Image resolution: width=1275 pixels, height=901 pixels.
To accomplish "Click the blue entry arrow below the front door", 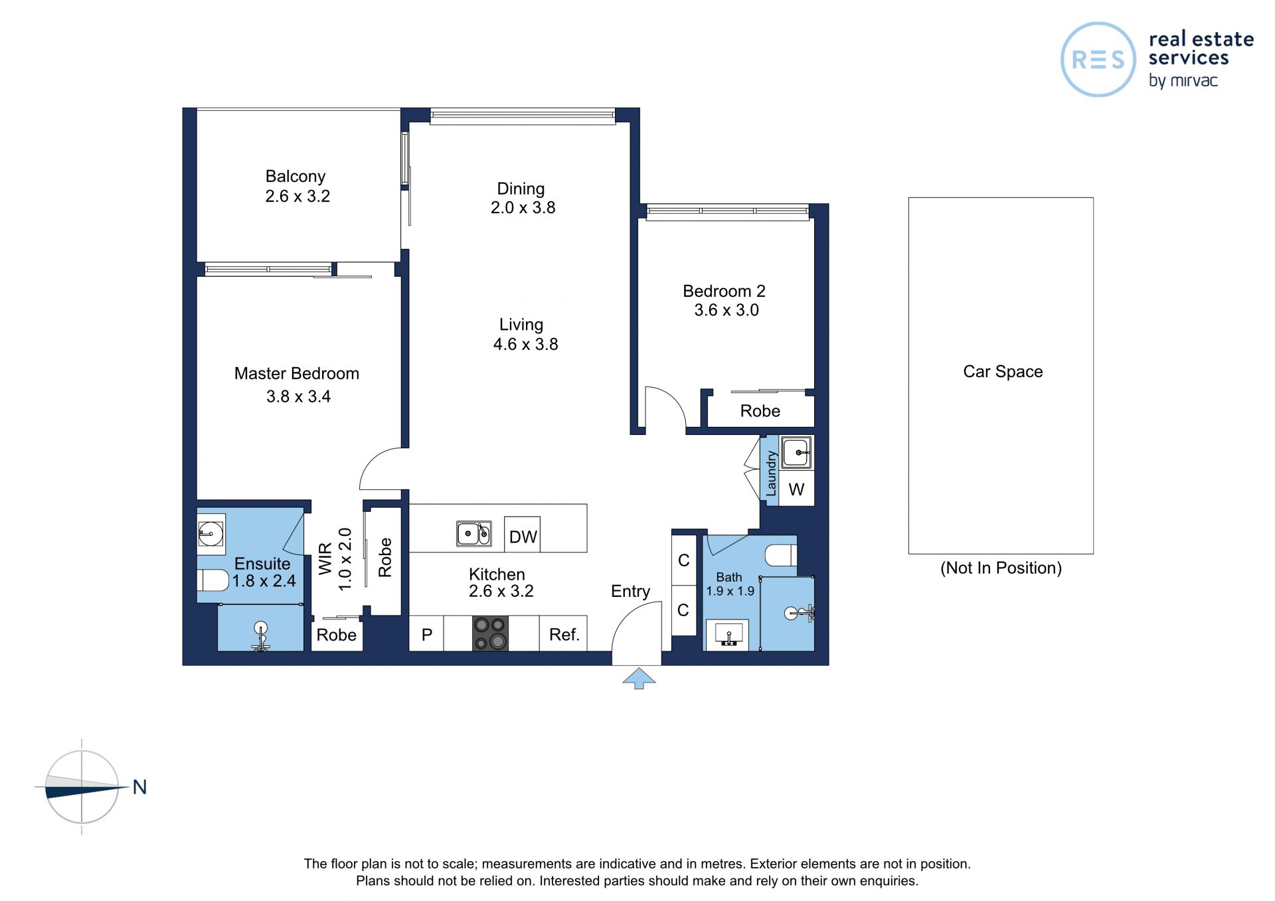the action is point(639,679).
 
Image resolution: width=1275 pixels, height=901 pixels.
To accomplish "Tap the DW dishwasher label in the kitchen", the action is point(523,536).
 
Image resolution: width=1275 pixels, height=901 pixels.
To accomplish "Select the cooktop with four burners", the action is point(491,633).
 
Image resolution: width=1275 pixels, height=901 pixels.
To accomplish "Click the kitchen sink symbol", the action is point(474,533).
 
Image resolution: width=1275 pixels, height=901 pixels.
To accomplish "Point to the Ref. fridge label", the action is point(564,635).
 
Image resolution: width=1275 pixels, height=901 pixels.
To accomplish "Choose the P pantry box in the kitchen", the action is point(426,633).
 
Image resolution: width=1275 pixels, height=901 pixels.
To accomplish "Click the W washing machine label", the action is point(796,489).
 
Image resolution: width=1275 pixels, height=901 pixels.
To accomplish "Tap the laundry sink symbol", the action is point(796,452).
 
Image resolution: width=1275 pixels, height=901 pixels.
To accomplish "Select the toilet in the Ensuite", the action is point(213,580).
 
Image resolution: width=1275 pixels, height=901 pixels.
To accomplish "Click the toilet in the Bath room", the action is point(781,555).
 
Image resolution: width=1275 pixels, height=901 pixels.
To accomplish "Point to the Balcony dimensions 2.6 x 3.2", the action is point(297,196).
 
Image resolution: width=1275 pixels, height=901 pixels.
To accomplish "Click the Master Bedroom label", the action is point(297,373).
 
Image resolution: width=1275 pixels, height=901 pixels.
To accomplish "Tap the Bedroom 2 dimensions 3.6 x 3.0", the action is point(726,310).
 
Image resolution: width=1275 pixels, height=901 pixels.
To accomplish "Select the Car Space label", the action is point(1003,372).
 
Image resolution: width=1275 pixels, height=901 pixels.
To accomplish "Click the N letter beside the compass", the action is point(139,787).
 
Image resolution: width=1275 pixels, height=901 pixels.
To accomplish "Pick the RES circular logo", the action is point(1098,60).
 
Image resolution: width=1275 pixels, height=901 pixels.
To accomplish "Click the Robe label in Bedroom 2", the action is point(760,411).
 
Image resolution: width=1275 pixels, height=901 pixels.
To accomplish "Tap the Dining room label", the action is point(521,189).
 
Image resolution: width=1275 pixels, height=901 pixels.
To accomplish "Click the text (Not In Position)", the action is point(1001,568).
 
